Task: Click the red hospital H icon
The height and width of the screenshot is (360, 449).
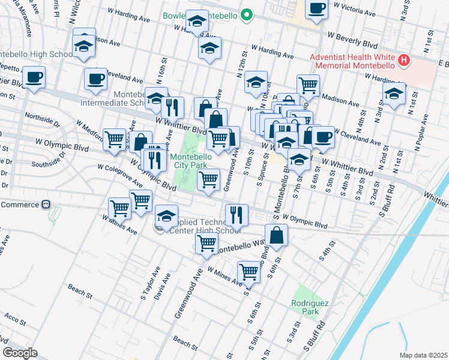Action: [404, 61]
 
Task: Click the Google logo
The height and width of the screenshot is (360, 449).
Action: [20, 353]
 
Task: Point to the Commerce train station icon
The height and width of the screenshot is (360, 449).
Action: [45, 205]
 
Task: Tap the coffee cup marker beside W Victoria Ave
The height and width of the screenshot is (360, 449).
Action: [316, 9]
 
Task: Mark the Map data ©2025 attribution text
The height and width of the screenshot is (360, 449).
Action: [423, 355]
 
